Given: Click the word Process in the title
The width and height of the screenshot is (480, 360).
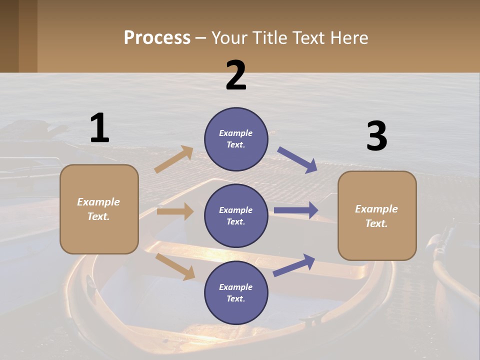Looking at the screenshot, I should tap(157, 38).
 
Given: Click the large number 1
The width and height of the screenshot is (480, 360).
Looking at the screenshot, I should tap(99, 128).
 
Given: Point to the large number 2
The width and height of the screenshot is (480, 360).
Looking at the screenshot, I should tap(236, 75).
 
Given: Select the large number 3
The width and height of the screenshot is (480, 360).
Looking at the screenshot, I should tap(376, 136).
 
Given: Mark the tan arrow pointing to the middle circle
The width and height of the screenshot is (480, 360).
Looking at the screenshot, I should tap(175, 211).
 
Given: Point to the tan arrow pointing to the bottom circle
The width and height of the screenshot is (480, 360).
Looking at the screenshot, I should tap(175, 266).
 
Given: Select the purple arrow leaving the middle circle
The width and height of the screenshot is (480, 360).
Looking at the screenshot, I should tap(296, 210).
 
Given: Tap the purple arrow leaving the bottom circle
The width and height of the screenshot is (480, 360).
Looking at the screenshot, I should tap(294, 265).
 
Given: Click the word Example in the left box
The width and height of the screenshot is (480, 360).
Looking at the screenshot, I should tap(98, 202).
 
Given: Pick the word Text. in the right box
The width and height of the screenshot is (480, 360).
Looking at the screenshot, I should tap(376, 223).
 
